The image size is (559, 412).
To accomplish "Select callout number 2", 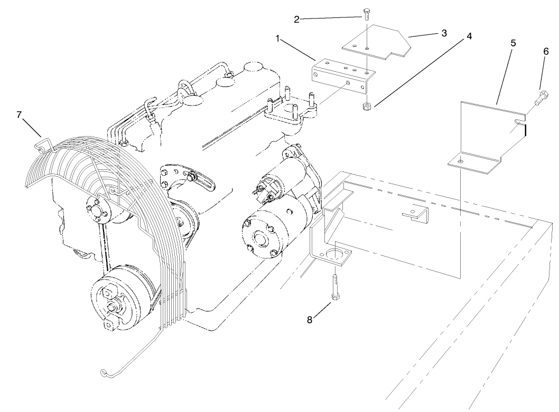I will click(x=297, y=20).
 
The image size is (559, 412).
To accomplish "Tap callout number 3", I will click(x=444, y=33).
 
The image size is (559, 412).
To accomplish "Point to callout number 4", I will click(x=469, y=37).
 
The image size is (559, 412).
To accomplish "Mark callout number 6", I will click(x=546, y=52).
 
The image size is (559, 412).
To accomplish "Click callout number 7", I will click(x=20, y=115).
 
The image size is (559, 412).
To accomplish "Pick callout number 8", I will click(x=311, y=319).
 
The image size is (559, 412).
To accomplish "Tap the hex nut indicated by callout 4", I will click(x=366, y=107).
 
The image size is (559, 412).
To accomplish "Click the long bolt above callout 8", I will click(x=336, y=288).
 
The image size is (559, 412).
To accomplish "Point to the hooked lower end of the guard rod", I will click(x=106, y=373).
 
